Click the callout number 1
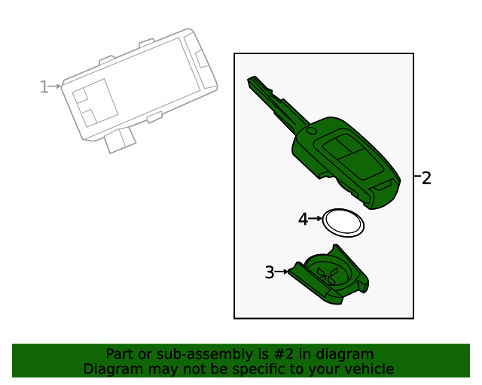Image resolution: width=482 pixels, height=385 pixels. coord(44,87)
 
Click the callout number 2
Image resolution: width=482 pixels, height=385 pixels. coord(426,178)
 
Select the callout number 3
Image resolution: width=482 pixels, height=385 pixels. coord(270,273)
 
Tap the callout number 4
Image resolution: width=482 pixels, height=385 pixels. coord(304,220)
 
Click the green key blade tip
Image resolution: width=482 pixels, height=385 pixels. coord(252,80)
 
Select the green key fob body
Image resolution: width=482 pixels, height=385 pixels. coord(346,162)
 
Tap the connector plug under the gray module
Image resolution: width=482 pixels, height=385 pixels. coord(120,141)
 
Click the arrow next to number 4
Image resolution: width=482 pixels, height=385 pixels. coord(316,219)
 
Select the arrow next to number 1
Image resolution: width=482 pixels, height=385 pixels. coord(56,87)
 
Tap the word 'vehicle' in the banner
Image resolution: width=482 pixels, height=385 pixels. coord(368,368)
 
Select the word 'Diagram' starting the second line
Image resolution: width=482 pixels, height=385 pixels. coord(111,368)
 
